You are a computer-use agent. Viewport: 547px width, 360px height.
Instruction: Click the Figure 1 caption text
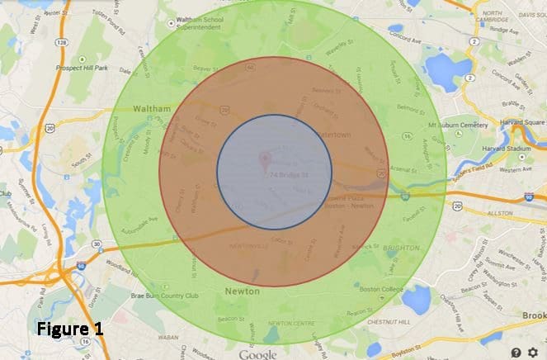(70, 329)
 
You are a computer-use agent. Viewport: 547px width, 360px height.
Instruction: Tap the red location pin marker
(265, 159)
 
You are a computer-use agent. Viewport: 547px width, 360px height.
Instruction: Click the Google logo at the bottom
(258, 353)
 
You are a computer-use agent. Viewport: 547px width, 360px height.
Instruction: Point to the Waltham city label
(149, 108)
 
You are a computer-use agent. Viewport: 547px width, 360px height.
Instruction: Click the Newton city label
(242, 291)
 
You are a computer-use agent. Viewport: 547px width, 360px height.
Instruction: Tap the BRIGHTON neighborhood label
(402, 247)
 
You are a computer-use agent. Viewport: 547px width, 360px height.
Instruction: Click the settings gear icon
(531, 352)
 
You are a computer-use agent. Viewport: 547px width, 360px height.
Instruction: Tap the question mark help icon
(516, 352)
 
